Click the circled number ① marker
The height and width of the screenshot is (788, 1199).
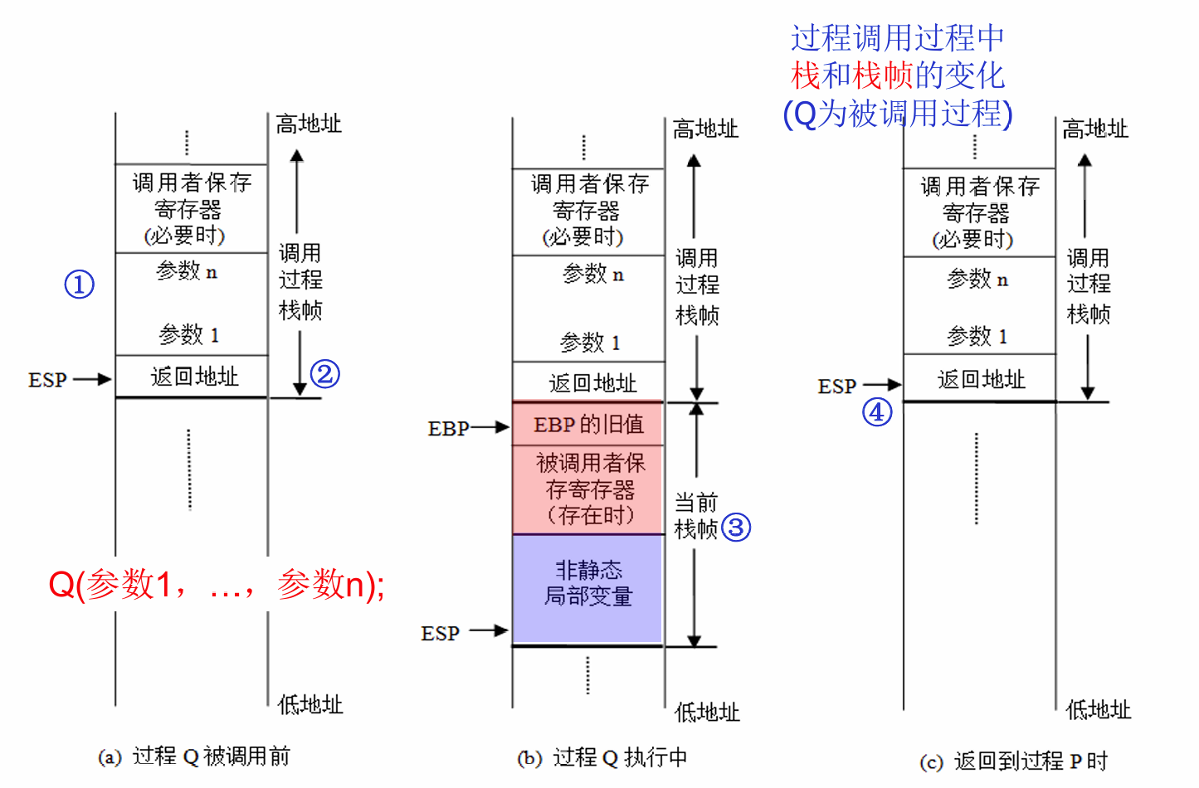(80, 285)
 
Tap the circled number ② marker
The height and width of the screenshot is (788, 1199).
(325, 374)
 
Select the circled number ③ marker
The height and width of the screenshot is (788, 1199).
(736, 527)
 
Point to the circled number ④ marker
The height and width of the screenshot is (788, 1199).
(877, 412)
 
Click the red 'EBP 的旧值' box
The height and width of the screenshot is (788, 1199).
(588, 425)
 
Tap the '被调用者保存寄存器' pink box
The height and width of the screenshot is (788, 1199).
(589, 489)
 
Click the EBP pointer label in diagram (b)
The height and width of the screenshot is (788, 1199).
(448, 429)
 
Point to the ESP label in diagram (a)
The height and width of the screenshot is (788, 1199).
(47, 380)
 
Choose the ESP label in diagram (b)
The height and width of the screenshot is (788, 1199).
(440, 634)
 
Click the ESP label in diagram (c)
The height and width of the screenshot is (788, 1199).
(836, 387)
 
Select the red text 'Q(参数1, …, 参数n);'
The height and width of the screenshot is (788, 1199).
(217, 585)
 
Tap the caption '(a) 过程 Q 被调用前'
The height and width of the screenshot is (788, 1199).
(194, 756)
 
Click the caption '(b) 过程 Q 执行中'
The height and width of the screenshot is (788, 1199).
(602, 758)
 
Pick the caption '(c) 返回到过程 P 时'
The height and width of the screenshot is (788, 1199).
(1013, 761)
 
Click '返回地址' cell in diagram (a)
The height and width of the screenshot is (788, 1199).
(194, 377)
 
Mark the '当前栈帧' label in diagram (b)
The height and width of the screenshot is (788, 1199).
(696, 515)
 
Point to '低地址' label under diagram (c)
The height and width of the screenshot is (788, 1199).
(1098, 710)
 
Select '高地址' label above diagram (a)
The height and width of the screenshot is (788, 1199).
(309, 124)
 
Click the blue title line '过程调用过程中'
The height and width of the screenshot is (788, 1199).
(897, 38)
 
